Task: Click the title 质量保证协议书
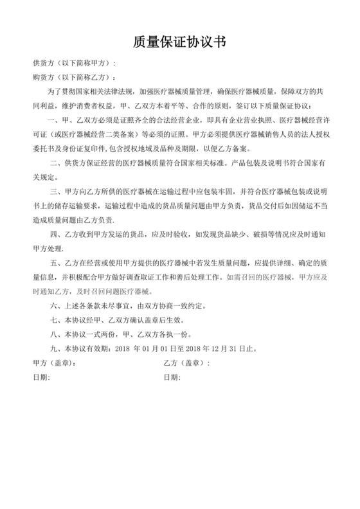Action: click(x=179, y=42)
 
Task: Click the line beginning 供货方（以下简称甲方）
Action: click(x=75, y=64)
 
